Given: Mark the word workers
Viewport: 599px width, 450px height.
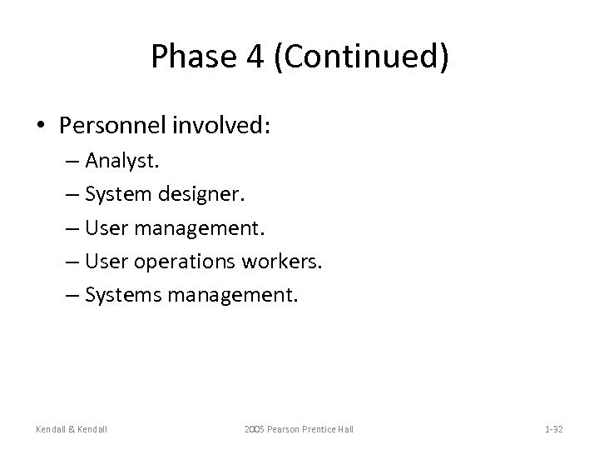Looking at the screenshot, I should point(280,262).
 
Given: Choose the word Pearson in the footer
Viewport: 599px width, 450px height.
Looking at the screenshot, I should point(288,428).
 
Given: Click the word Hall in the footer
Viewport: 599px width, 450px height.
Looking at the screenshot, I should point(344,428).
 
